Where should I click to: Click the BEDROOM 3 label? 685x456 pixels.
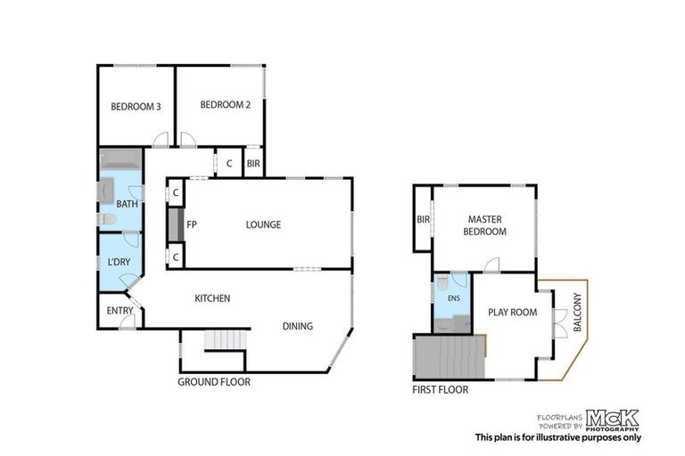(136, 107)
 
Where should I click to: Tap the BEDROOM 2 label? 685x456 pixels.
(225, 104)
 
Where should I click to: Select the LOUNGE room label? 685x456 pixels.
(263, 224)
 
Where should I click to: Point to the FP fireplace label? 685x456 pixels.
(191, 224)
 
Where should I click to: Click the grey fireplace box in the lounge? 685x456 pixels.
(174, 224)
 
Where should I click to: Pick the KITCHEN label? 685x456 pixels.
(213, 298)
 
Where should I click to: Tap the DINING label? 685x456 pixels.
(298, 326)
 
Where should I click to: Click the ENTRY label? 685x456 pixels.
(119, 311)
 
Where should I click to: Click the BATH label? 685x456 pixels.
(127, 204)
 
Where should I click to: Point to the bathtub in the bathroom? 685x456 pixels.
(120, 160)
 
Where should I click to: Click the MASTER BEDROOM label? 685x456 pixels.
(485, 225)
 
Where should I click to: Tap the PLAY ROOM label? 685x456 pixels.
(513, 313)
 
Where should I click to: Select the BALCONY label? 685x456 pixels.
(577, 313)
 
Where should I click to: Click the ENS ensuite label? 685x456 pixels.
(454, 298)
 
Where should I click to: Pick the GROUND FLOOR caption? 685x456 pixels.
(213, 382)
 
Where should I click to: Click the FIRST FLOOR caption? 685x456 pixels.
(440, 389)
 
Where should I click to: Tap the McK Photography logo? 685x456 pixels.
(612, 419)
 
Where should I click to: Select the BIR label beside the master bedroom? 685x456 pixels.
(423, 220)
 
